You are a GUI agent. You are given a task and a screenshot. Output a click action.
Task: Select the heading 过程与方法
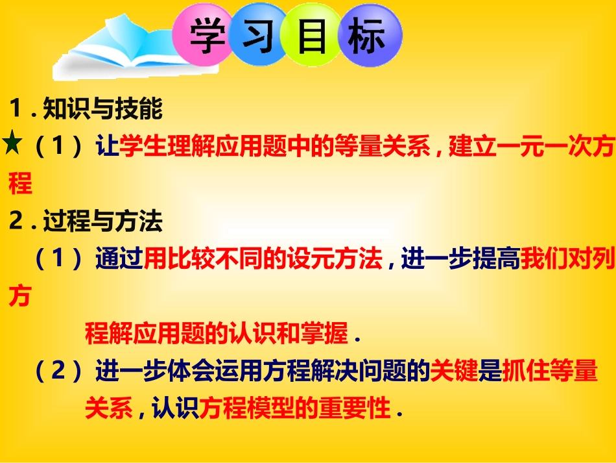point(102,223)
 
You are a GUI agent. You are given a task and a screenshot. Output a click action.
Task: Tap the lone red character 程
point(20,185)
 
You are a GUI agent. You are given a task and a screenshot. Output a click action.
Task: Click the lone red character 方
point(19,297)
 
